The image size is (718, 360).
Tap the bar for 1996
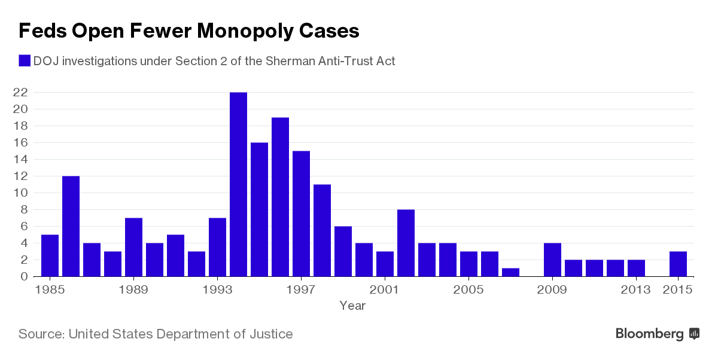[280, 197]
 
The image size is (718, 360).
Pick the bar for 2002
[406, 243]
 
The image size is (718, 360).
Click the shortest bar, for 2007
[510, 272]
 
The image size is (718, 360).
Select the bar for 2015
[678, 264]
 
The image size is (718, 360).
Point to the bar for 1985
[50, 255]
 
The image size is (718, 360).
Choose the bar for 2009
[552, 260]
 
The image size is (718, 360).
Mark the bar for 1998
[322, 230]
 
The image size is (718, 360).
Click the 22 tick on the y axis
[20, 92]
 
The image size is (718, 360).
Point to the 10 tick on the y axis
[20, 193]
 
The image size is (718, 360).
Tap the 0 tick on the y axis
[24, 276]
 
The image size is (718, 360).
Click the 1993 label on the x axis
[217, 289]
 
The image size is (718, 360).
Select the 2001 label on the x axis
[385, 289]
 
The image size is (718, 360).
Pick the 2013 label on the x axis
[636, 289]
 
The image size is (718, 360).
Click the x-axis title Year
[352, 306]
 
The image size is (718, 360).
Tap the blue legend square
[25, 61]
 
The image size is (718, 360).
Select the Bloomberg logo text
[650, 334]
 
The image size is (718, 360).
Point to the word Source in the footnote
[41, 334]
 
